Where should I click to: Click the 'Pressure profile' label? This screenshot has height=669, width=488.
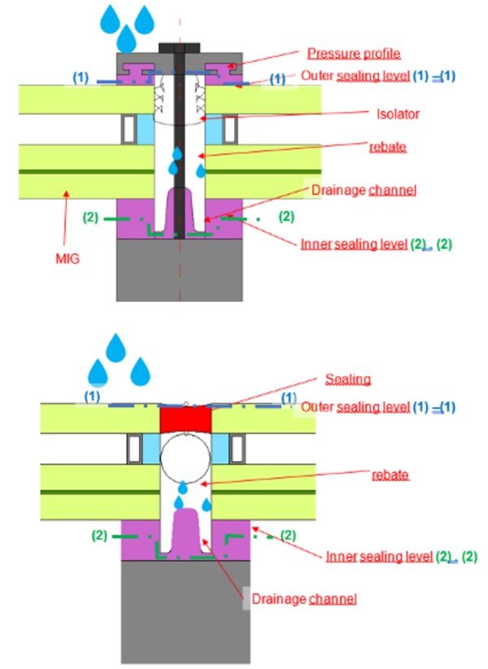coord(354,55)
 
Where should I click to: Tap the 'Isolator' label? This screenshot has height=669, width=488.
coord(398,115)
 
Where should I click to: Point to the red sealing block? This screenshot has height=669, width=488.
coord(185,420)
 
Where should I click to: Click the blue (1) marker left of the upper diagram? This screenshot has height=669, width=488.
coord(81,77)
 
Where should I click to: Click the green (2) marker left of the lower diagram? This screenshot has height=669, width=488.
coord(98,536)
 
